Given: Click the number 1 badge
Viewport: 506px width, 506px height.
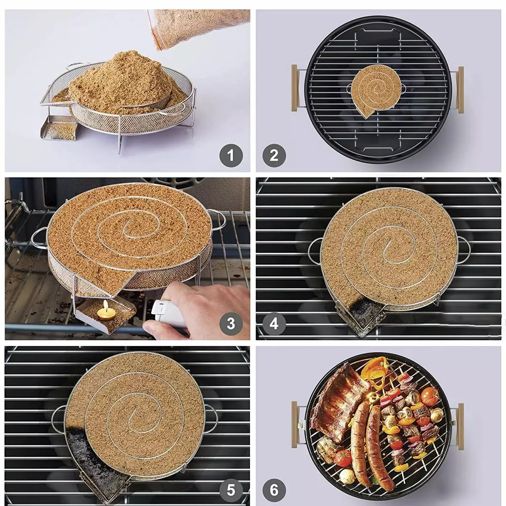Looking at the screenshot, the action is (x=231, y=156).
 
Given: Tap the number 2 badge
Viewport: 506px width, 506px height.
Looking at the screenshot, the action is (x=274, y=156).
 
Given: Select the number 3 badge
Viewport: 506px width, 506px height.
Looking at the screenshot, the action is (x=231, y=323).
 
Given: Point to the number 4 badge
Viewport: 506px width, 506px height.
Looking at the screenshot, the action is (x=274, y=323).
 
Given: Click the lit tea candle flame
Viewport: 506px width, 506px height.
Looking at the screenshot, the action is (x=105, y=305).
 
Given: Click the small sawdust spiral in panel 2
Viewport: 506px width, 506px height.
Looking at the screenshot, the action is (x=374, y=91).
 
